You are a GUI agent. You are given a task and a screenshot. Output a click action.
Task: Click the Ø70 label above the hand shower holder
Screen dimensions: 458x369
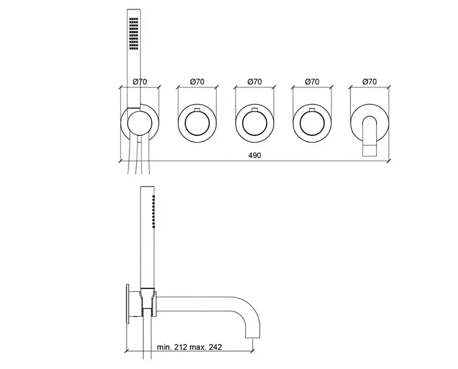[x=140, y=82]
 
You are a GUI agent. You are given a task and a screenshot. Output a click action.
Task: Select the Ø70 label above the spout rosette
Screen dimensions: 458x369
[x=369, y=82]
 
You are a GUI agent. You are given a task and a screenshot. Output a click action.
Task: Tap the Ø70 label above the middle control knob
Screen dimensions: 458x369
[x=254, y=82]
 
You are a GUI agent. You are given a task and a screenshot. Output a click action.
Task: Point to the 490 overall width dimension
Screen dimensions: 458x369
[x=254, y=155]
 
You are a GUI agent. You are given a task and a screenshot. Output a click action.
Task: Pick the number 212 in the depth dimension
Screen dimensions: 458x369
[x=181, y=347]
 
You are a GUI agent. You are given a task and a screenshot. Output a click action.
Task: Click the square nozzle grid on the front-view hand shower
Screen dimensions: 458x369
[x=133, y=34]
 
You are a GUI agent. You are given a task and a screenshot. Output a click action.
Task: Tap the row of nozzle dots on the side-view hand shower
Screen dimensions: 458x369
[x=154, y=211]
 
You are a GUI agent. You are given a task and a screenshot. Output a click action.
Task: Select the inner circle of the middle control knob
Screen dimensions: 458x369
[x=254, y=124]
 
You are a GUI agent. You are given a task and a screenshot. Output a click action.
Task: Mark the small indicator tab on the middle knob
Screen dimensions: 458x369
[x=254, y=110]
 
